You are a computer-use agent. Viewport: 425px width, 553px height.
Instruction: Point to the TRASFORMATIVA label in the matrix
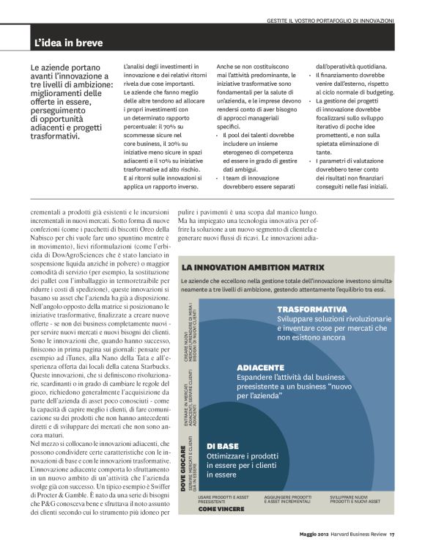312,310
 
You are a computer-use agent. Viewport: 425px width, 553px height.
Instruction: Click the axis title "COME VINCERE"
221,509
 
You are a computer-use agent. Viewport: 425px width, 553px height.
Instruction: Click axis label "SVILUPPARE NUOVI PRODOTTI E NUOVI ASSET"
355,499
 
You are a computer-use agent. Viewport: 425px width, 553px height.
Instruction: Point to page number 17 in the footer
392,533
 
